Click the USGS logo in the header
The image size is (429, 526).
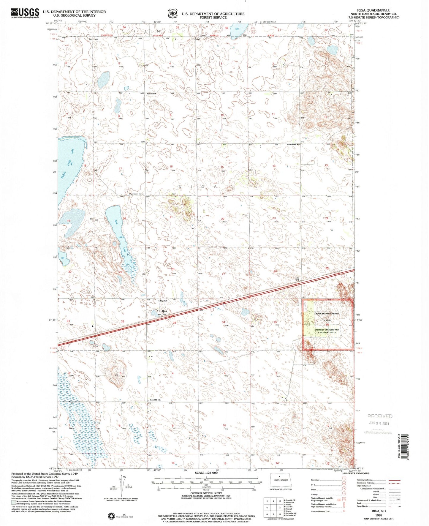pyautogui.click(x=25, y=13)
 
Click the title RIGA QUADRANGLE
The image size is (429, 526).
pyautogui.click(x=375, y=10)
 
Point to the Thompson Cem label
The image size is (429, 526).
pyautogui.click(x=136, y=194)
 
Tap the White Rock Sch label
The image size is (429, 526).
pyautogui.click(x=293, y=145)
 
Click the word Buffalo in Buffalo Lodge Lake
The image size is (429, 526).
pyautogui.click(x=64, y=178)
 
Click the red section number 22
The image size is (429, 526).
pyautogui.click(x=223, y=219)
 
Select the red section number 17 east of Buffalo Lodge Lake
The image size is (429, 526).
pyautogui.click(x=120, y=169)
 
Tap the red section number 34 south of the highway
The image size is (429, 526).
pyautogui.click(x=223, y=322)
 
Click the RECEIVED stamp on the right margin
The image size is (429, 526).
pyautogui.click(x=380, y=416)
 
